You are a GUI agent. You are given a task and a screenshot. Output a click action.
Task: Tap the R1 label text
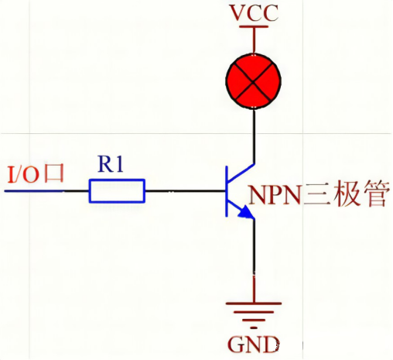click(113, 163)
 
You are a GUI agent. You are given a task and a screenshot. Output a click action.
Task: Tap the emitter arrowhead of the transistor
click(247, 214)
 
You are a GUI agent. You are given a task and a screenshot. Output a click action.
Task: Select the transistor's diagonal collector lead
click(240, 172)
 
